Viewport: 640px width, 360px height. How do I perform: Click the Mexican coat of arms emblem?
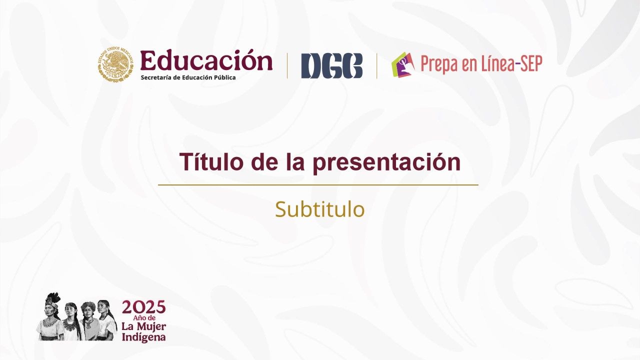(115, 64)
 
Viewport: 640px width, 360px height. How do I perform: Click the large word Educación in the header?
(206, 60)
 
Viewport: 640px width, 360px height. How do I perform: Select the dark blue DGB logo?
(331, 65)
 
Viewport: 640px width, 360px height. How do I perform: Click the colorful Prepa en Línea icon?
(403, 64)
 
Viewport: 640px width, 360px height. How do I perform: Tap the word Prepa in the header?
(438, 64)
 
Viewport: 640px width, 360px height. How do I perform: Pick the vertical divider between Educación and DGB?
(287, 65)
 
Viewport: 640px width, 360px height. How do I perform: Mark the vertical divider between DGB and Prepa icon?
(376, 65)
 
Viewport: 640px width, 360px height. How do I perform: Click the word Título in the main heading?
(204, 162)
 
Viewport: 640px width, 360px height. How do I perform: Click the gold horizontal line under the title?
(318, 185)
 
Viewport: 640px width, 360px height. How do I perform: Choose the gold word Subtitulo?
(320, 209)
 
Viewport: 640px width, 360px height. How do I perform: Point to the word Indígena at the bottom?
(143, 337)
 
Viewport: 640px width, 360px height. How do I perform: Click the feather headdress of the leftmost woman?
(53, 298)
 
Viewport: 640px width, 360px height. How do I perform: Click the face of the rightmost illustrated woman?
(103, 307)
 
